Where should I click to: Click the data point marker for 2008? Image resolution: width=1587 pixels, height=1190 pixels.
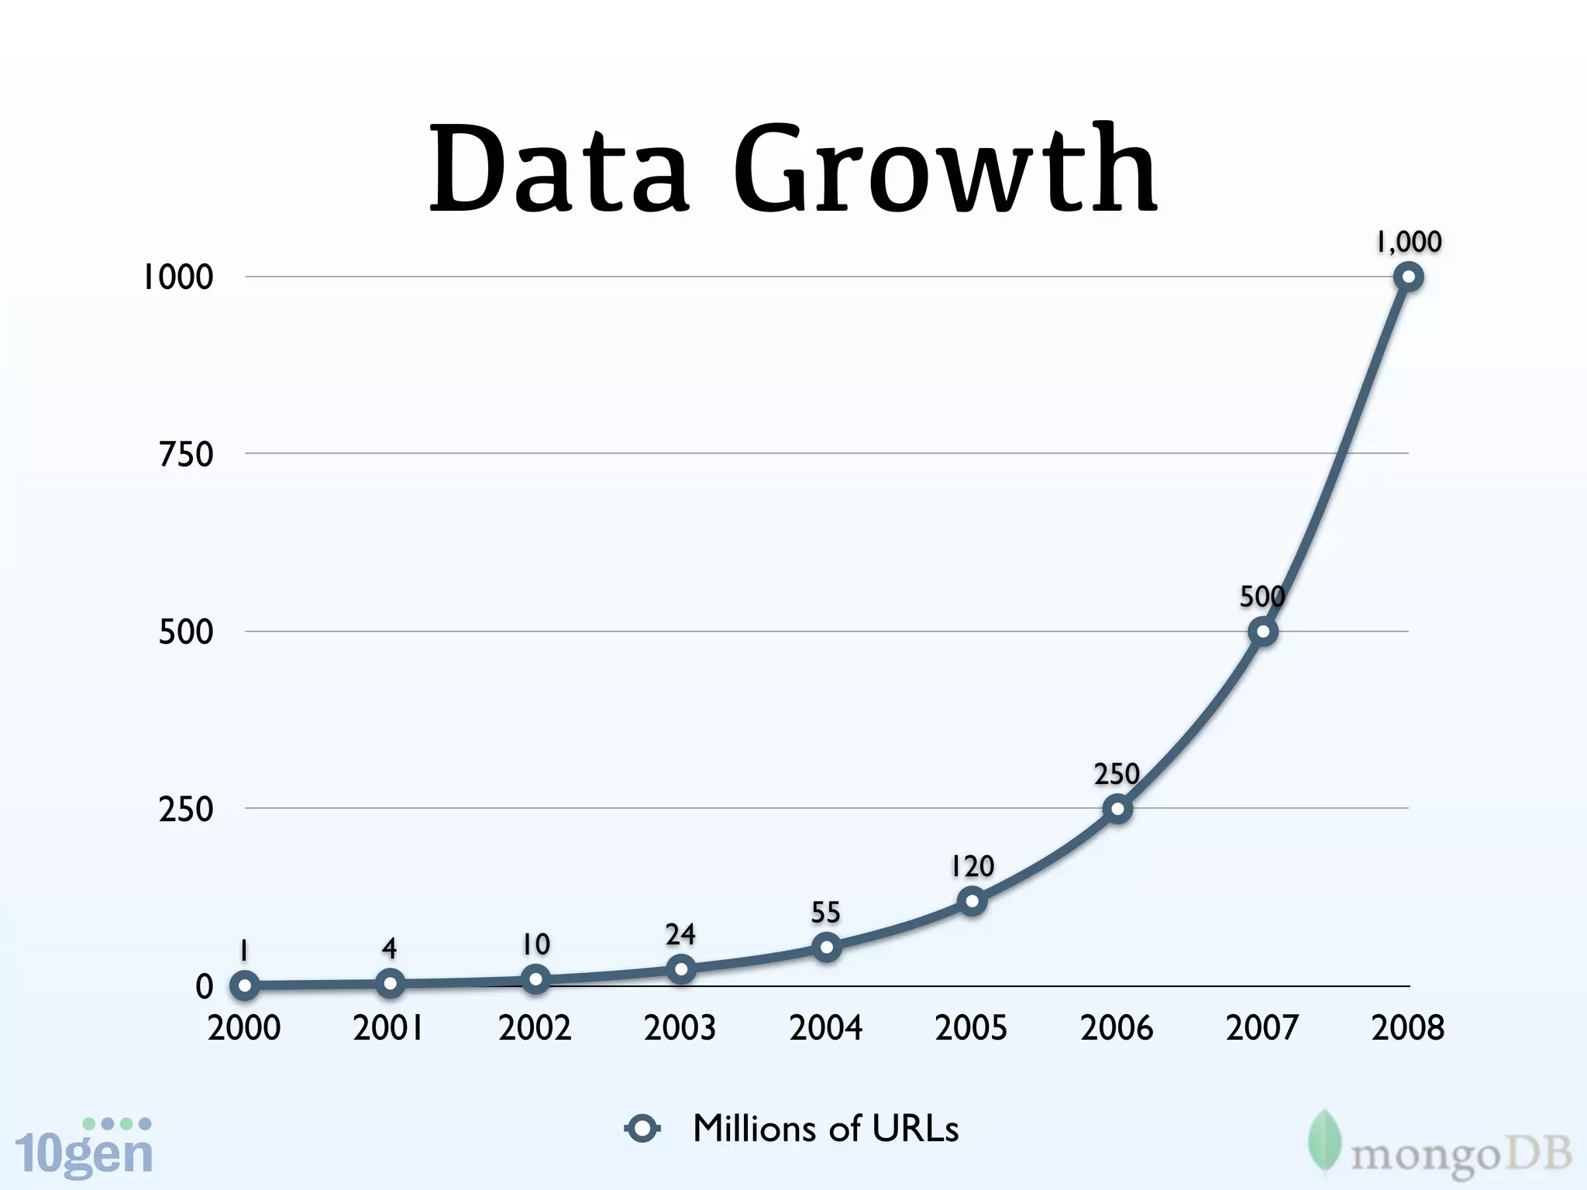click(1408, 277)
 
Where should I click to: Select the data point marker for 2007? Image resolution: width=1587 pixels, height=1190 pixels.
click(1263, 631)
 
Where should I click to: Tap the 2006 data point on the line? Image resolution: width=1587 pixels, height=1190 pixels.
click(1117, 809)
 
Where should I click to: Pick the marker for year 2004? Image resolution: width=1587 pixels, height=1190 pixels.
click(827, 947)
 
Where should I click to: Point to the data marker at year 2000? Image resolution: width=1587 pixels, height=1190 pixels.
click(245, 985)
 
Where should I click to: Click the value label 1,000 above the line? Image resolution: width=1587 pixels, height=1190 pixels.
click(1408, 242)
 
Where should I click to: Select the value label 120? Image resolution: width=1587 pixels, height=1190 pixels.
click(973, 865)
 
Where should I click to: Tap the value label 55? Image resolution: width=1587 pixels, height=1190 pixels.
click(825, 912)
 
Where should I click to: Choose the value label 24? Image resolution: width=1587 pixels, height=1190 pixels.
click(680, 934)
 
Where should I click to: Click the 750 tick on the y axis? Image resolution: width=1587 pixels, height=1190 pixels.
click(186, 454)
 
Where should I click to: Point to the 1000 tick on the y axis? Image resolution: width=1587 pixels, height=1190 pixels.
click(177, 277)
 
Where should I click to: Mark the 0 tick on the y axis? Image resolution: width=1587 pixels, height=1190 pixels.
click(204, 986)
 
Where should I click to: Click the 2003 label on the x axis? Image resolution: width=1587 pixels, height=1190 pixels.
click(680, 1028)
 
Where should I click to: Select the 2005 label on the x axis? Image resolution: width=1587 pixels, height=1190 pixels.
click(971, 1028)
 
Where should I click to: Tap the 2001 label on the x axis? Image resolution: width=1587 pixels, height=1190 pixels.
click(388, 1028)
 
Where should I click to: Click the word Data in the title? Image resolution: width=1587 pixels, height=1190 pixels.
click(559, 170)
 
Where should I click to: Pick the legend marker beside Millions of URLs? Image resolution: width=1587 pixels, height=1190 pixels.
click(642, 1128)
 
